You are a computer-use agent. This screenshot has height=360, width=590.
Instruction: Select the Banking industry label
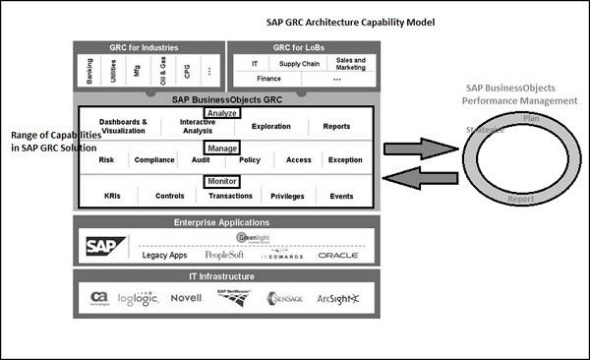pyautogui.click(x=90, y=71)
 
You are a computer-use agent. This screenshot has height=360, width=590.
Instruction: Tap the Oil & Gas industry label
pyautogui.click(x=162, y=72)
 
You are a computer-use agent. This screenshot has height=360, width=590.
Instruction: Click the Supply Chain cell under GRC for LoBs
pyautogui.click(x=298, y=63)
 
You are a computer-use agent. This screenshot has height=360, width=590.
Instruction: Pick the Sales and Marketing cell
pyautogui.click(x=350, y=64)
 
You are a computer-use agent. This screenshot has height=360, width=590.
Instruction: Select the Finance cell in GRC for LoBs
pyautogui.click(x=268, y=78)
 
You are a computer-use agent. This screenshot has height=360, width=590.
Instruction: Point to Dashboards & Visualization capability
pyautogui.click(x=124, y=126)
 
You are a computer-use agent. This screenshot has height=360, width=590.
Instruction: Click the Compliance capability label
pyautogui.click(x=154, y=159)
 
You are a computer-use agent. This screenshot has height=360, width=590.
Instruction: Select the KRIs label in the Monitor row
pyautogui.click(x=112, y=196)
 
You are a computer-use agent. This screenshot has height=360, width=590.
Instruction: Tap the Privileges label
pyautogui.click(x=287, y=196)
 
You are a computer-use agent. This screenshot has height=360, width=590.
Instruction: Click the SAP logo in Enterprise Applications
pyautogui.click(x=106, y=246)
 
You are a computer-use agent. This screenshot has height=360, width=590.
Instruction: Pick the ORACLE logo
pyautogui.click(x=338, y=256)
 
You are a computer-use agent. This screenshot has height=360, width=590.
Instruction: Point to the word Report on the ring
pyautogui.click(x=520, y=199)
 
